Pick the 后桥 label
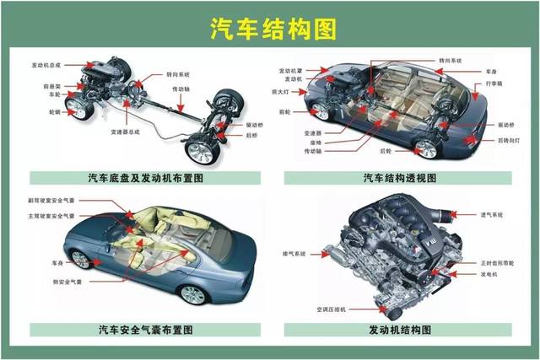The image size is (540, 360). pyautogui.click(x=251, y=135)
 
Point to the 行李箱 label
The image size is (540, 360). pyautogui.click(x=499, y=85)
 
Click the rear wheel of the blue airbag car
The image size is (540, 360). pyautogui.click(x=193, y=294)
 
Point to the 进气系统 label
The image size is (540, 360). pyautogui.click(x=490, y=216)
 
